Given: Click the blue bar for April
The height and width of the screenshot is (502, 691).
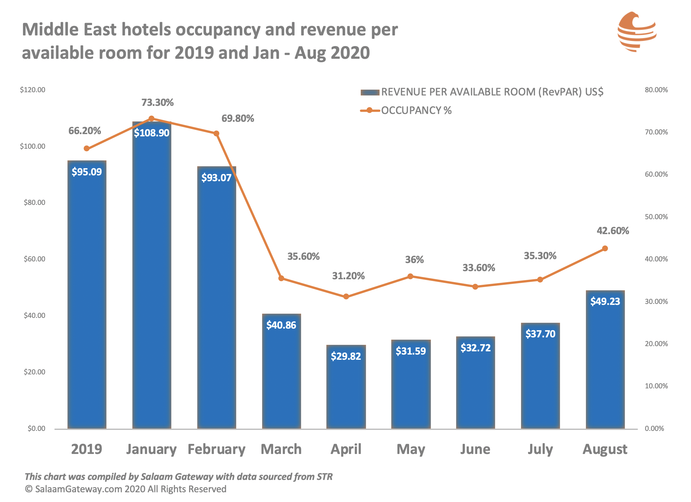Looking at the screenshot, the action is tap(346, 387).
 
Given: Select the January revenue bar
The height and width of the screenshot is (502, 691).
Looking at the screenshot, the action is tap(152, 275).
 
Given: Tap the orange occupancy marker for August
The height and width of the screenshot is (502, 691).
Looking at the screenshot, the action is tap(605, 248).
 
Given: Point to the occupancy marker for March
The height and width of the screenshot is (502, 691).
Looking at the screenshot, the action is tap(281, 278).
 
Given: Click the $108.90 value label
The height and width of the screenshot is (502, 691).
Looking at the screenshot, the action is tap(152, 133).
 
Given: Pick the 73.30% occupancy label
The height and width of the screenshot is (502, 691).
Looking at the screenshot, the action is tap(157, 103).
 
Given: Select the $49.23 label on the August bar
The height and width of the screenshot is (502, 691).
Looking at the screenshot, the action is tap(605, 301).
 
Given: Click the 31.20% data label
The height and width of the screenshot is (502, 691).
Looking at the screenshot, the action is tap(348, 276).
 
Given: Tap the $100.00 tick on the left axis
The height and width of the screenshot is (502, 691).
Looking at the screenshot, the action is tap(32, 146).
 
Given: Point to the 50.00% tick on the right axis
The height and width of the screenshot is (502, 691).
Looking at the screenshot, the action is tap(656, 217).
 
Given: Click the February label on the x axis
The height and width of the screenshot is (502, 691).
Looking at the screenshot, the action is tap(216, 449).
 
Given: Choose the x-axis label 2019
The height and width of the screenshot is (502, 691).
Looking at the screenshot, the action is tap(87, 449).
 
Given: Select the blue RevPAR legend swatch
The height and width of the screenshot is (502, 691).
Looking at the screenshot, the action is tap(370, 93).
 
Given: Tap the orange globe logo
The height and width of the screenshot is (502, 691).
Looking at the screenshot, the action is tap(637, 32).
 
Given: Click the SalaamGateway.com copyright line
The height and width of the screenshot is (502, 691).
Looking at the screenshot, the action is tap(126, 489).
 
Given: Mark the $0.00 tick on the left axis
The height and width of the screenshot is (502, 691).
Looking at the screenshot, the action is tap(36, 428).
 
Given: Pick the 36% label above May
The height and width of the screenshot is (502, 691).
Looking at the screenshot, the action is tap(414, 260).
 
